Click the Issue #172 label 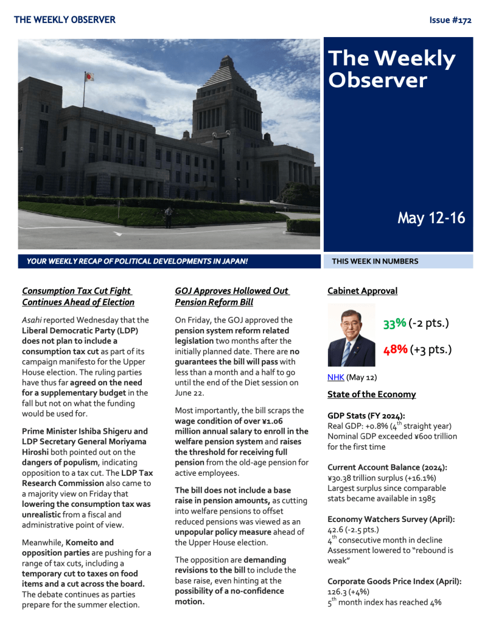[450, 20]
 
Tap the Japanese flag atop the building [89, 77]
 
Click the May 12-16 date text [431, 218]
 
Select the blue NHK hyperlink [335, 377]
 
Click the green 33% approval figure [394, 324]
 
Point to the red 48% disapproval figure [394, 350]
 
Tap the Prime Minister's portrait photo [351, 335]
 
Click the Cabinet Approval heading [362, 291]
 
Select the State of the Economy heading [371, 394]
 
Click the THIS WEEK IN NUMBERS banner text [375, 262]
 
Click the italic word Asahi [31, 319]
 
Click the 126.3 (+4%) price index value [348, 591]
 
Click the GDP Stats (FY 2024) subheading [366, 416]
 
